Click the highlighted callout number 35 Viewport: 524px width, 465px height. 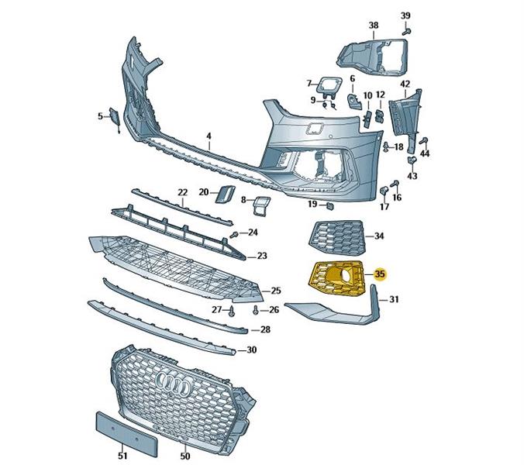point(381,274)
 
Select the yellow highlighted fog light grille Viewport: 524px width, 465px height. point(336,278)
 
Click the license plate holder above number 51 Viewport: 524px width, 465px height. point(126,433)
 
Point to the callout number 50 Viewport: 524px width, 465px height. point(184,456)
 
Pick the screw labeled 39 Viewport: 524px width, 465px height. point(406,32)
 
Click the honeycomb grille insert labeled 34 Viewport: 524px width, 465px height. point(337,238)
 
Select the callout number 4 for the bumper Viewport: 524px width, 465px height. point(209,136)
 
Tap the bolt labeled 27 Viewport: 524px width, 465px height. point(233,311)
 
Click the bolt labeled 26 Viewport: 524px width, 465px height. point(256,311)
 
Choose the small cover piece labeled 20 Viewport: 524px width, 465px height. point(225,194)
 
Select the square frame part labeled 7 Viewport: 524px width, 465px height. point(329,84)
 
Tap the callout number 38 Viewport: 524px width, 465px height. point(374,26)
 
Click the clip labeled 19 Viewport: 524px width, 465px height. point(330,206)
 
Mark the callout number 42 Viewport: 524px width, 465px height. point(405,84)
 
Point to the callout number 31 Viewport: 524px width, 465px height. point(395,299)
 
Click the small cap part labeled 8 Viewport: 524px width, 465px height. point(262,205)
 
